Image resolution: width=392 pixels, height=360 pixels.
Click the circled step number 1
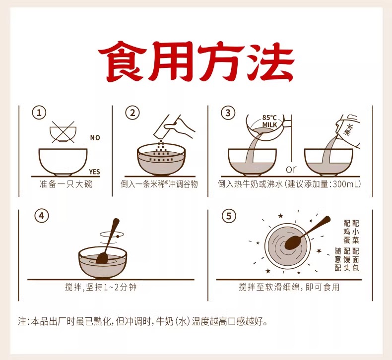pos(39,113)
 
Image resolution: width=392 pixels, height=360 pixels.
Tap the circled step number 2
pos(132,113)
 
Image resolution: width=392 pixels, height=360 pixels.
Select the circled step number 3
pos(228,113)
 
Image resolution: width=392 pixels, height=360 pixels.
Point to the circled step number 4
pos(42,216)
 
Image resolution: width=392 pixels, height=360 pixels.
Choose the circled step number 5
pos(229,216)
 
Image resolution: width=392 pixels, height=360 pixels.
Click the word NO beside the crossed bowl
pos(95,138)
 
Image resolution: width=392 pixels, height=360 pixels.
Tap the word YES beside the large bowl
pos(94,172)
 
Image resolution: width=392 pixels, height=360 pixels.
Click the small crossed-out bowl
pos(63,132)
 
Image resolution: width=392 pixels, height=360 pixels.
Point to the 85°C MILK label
pos(269,121)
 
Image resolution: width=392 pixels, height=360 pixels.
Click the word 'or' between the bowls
pos(291,170)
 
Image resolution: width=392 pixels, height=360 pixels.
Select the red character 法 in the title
pos(270,61)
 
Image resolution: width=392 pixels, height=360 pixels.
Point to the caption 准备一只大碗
pos(66,184)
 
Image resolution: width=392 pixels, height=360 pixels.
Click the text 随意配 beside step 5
pos(338,259)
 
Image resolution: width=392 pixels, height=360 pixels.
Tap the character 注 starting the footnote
pos(22,321)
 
